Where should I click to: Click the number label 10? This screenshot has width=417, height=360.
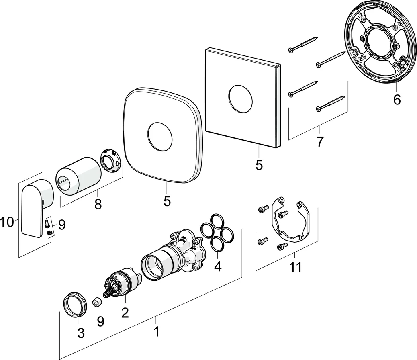[x=8, y=221]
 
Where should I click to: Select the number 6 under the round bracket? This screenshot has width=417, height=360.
[x=397, y=99]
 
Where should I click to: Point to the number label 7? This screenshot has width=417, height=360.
[x=320, y=141]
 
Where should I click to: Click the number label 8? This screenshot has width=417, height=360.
[x=98, y=204]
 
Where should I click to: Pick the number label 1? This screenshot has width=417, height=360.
[x=157, y=331]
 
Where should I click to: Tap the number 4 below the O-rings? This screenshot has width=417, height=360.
[x=217, y=266]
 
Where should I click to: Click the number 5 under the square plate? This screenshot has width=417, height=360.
[x=259, y=165]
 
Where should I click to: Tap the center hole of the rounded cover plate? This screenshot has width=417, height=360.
[x=160, y=137]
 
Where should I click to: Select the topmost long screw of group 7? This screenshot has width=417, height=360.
[x=304, y=44]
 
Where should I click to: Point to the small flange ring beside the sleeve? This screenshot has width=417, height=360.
[x=110, y=162]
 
